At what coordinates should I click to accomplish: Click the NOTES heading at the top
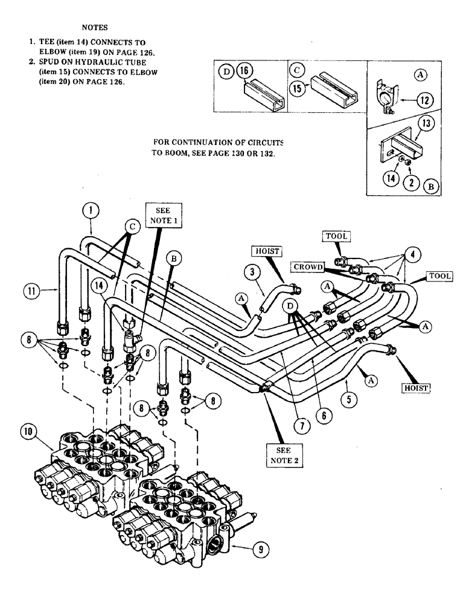pos(97,27)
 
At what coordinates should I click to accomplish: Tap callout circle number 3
pos(251,272)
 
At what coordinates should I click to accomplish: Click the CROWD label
pos(309,266)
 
